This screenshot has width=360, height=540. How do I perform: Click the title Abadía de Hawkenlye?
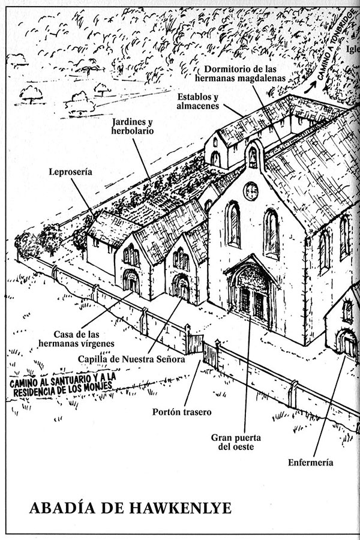pyautogui.click(x=130, y=508)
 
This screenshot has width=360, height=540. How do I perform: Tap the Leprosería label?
pyautogui.click(x=70, y=172)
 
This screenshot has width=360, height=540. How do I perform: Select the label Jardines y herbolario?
pyautogui.click(x=132, y=126)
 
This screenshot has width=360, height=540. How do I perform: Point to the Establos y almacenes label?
pyautogui.click(x=198, y=101)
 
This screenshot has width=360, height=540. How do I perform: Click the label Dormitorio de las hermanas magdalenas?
pyautogui.click(x=241, y=73)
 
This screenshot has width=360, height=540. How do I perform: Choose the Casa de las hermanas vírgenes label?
pyautogui.click(x=76, y=339)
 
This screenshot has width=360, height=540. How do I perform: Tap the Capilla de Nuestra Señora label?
pyautogui.click(x=131, y=359)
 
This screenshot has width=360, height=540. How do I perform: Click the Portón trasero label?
pyautogui.click(x=182, y=412)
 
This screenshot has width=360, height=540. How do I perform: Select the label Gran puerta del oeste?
pyautogui.click(x=236, y=442)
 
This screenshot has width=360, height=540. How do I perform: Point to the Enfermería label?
pyautogui.click(x=311, y=462)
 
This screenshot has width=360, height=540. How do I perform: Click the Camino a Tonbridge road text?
pyautogui.click(x=336, y=45)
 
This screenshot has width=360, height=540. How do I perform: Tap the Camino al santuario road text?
pyautogui.click(x=62, y=383)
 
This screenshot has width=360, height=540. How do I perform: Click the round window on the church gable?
pyautogui.click(x=250, y=191)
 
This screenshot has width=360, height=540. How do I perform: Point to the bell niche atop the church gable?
pyautogui.click(x=253, y=157)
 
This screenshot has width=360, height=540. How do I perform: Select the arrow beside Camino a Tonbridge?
pyautogui.click(x=310, y=87)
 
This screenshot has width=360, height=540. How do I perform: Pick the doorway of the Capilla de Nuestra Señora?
pyautogui.click(x=182, y=287)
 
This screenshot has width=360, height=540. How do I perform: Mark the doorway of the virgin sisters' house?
pyautogui.click(x=131, y=281)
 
